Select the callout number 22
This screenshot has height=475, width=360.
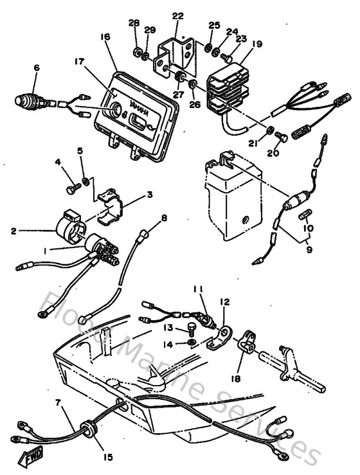coord(178,16)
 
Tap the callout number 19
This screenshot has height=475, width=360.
coord(256,44)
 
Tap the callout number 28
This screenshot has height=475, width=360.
coord(134,23)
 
